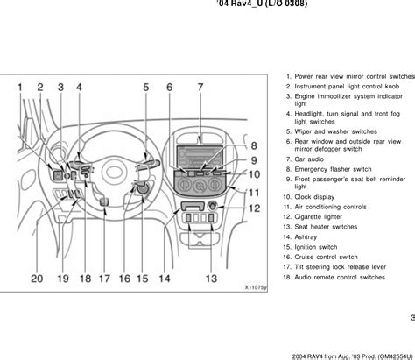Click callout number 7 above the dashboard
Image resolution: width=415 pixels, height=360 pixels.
pyautogui.click(x=200, y=88)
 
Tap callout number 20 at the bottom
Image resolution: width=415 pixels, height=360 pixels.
pyautogui.click(x=37, y=279)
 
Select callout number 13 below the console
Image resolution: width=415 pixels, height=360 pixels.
pyautogui.click(x=211, y=279)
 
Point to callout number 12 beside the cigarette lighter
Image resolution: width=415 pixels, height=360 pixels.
pyautogui.click(x=254, y=208)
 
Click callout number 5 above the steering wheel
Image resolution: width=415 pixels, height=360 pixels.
pyautogui.click(x=146, y=88)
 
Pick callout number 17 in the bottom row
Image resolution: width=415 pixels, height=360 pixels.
pyautogui.click(x=104, y=279)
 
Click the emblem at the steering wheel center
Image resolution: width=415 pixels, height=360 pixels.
pyautogui.click(x=114, y=173)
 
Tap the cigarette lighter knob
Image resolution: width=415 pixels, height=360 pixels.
pyautogui.click(x=212, y=206)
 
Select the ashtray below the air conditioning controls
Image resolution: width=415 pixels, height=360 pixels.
pyautogui.click(x=192, y=206)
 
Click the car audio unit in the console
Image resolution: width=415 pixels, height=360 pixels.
pyautogui.click(x=200, y=158)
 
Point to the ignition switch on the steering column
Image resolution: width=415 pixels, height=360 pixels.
pyautogui.click(x=143, y=189)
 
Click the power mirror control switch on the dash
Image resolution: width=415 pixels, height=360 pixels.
pyautogui.click(x=58, y=175)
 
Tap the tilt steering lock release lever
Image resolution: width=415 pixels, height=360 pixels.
pyautogui.click(x=104, y=201)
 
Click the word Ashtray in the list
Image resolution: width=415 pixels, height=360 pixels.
pyautogui.click(x=306, y=237)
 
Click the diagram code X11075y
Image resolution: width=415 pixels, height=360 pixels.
pyautogui.click(x=256, y=287)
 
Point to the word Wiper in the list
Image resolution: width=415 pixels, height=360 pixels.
pyautogui.click(x=303, y=131)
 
